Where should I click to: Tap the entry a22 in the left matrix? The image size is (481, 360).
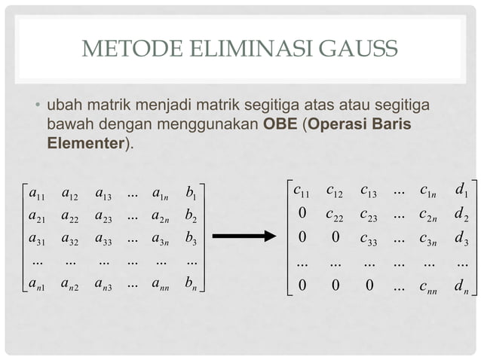70,217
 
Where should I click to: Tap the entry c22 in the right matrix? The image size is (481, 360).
335,215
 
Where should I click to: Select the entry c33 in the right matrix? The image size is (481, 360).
369,239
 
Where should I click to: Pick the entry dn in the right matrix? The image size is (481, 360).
462,287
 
